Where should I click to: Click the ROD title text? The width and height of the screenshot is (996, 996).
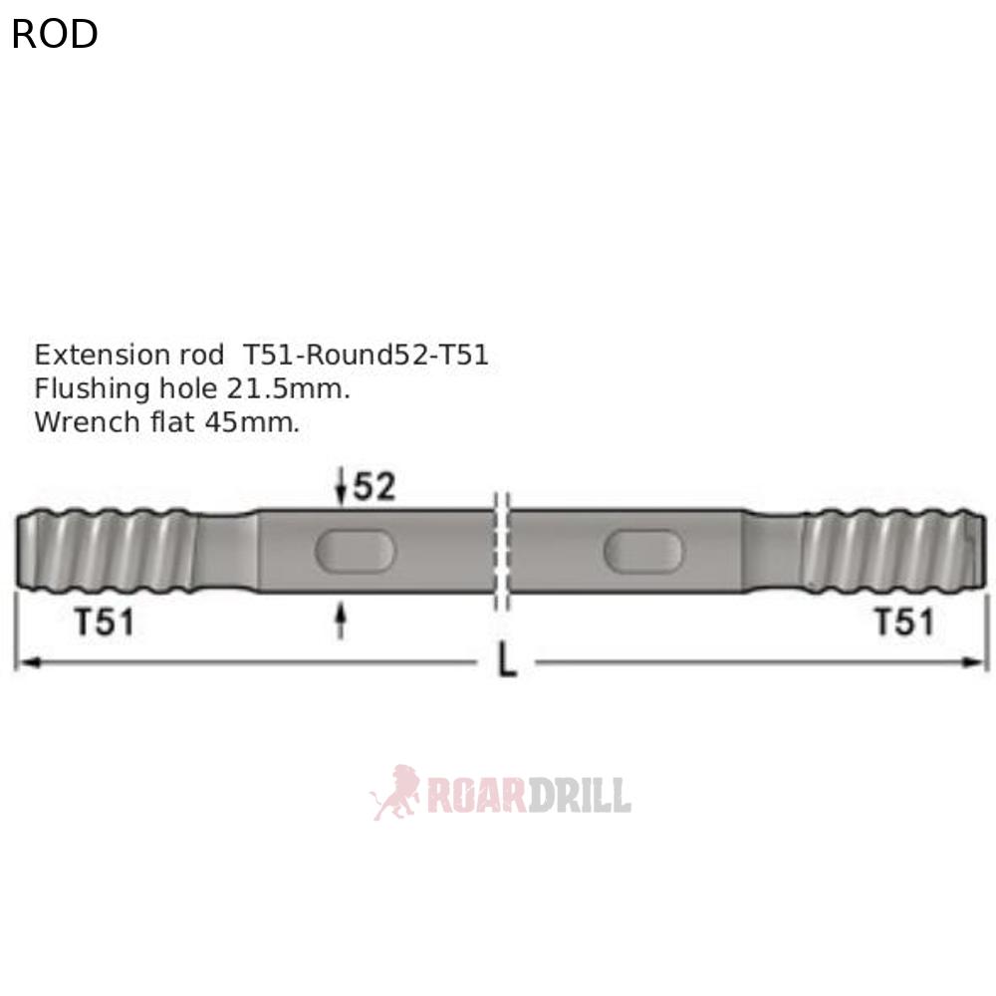click(x=55, y=35)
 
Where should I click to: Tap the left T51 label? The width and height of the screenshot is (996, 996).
click(x=105, y=622)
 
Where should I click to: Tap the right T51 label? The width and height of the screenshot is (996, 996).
click(x=904, y=622)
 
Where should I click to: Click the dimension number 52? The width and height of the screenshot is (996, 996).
click(x=373, y=487)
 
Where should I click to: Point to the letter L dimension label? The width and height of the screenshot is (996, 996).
click(x=507, y=662)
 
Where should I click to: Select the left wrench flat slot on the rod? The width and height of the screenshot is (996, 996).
click(x=356, y=551)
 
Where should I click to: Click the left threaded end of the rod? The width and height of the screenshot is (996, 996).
click(x=105, y=551)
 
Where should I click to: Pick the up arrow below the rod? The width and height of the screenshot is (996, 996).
click(x=342, y=622)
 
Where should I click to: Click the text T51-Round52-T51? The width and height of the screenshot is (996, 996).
click(x=366, y=356)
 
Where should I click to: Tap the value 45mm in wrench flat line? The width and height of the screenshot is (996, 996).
click(x=251, y=421)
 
